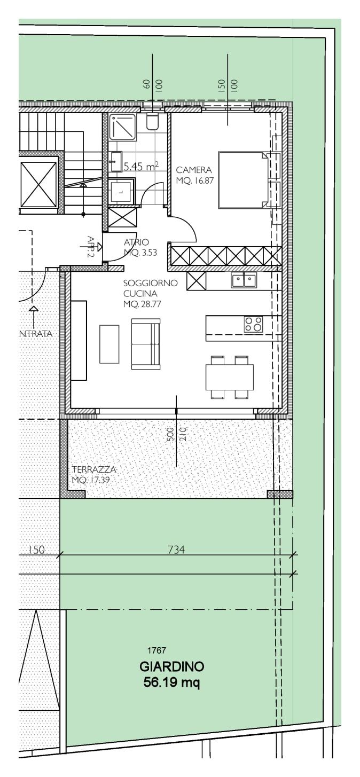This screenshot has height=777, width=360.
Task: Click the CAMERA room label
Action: tap(190, 170)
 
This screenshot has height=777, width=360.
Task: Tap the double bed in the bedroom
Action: tap(243, 180)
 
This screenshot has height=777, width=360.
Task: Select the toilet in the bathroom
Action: tap(152, 122)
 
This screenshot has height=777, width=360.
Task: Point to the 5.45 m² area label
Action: tap(140, 167)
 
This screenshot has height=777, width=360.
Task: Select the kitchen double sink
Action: tap(244, 280)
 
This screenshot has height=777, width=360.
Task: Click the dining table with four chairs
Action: tap(230, 377)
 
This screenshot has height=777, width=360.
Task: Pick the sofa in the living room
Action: tap(146, 344)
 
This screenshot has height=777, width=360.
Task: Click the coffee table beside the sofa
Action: tap(109, 344)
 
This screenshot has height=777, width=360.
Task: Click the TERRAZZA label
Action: tap(94, 469)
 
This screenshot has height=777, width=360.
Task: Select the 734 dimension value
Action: tap(176, 549)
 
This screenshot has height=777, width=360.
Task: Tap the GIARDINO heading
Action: tap(171, 667)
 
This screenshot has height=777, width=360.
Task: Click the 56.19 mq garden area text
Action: tap(171, 682)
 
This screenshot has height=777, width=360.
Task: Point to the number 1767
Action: tap(156, 650)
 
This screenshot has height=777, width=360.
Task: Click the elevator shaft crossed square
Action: tap(38, 184)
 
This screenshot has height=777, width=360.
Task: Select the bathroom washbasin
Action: tap(116, 161)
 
